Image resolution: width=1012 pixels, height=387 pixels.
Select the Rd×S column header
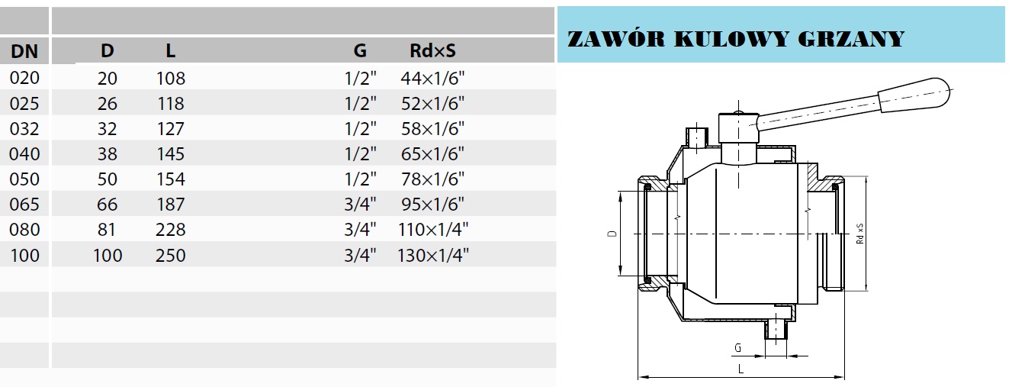[x=432, y=52]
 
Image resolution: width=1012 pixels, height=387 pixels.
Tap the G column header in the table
[x=360, y=52]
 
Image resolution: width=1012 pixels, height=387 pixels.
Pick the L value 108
[x=170, y=78]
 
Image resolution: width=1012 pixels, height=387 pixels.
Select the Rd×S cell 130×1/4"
[x=432, y=255]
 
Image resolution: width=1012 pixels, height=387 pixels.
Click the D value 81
[x=108, y=230]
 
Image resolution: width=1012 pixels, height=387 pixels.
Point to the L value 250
[x=170, y=255]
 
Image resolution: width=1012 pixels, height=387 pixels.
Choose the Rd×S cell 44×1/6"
[x=432, y=78]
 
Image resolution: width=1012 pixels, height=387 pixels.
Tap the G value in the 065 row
[x=360, y=204]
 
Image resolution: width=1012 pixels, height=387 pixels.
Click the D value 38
[x=108, y=153]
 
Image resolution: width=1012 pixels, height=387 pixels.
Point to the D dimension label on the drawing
[x=612, y=234]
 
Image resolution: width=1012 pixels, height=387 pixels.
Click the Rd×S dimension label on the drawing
[x=859, y=234]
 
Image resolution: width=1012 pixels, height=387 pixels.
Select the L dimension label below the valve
[x=741, y=369]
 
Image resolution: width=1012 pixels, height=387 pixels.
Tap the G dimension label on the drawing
[x=737, y=348]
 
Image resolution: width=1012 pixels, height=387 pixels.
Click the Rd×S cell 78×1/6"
[x=432, y=179]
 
